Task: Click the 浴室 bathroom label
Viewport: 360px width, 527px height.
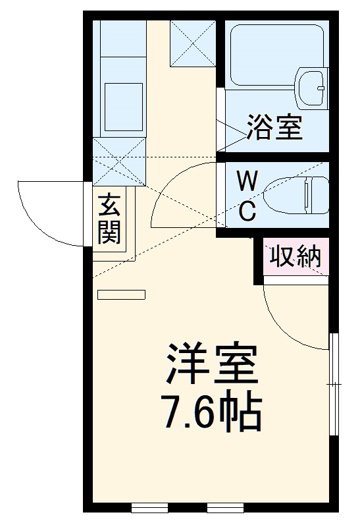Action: tap(274, 128)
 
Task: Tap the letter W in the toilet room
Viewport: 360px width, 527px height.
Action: tap(247, 180)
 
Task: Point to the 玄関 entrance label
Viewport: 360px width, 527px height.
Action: tap(109, 219)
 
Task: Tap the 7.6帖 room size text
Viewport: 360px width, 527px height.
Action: tap(212, 412)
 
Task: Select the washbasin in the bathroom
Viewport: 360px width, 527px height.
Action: tap(310, 86)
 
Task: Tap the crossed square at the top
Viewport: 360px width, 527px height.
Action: tap(193, 43)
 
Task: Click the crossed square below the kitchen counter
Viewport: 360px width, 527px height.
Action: tap(118, 161)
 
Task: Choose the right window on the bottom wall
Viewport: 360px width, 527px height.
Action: tap(224, 509)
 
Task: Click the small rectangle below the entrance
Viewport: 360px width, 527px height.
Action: tap(121, 294)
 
